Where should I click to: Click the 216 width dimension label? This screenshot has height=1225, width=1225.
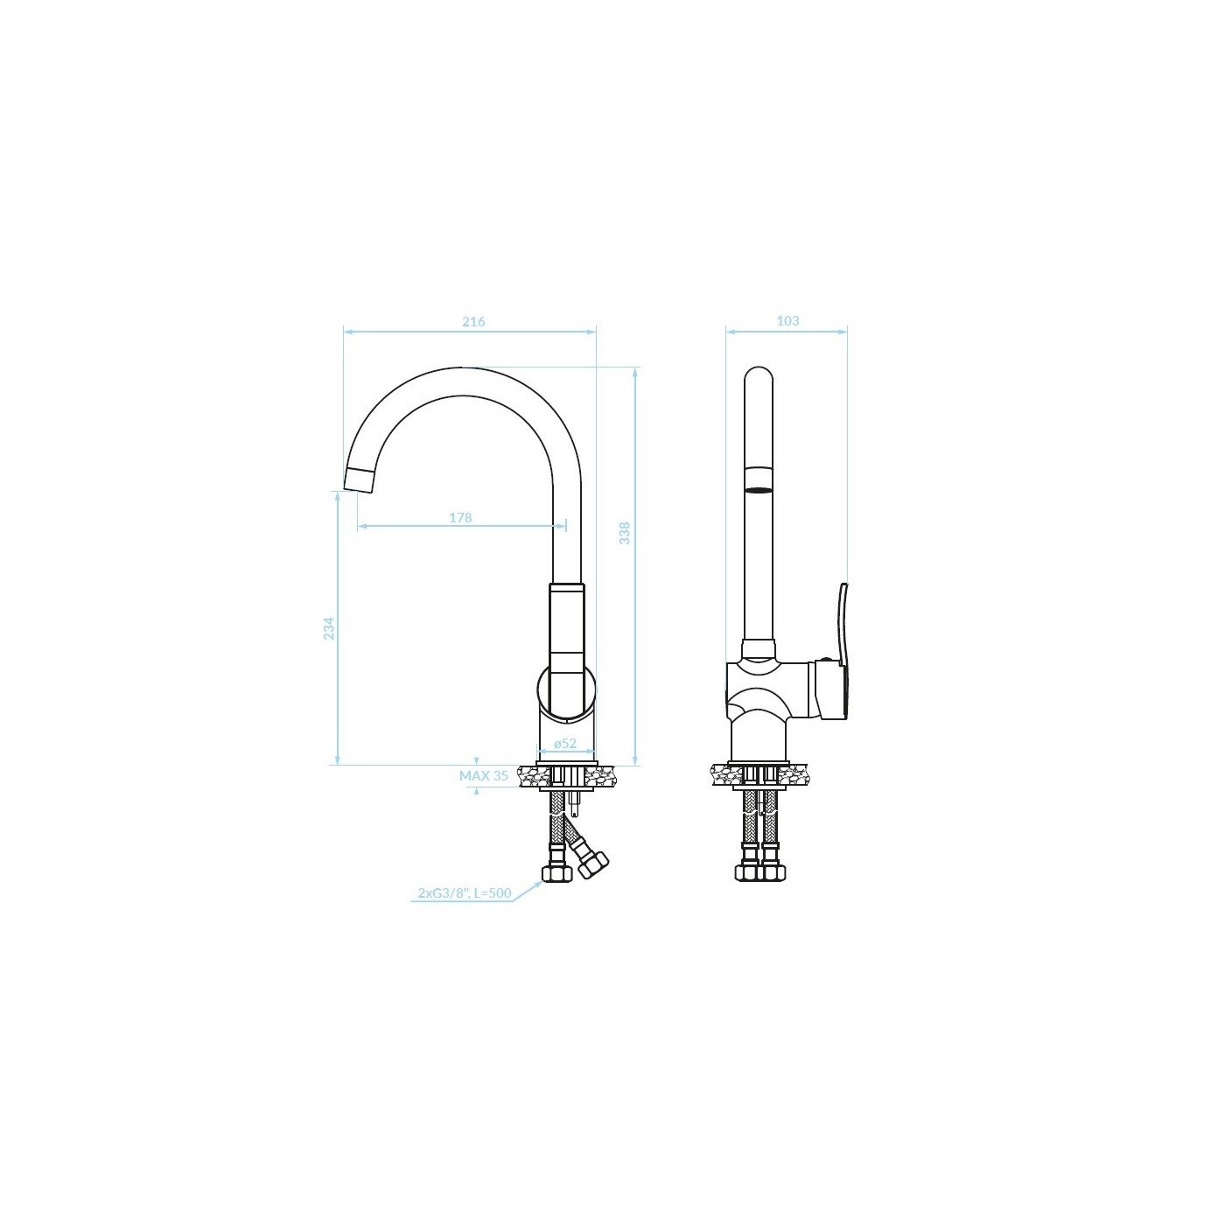pyautogui.click(x=473, y=322)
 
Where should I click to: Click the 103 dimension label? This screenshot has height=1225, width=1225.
pyautogui.click(x=787, y=321)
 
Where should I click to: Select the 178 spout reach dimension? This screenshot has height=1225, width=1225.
pyautogui.click(x=461, y=518)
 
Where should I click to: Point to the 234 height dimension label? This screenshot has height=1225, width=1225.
pyautogui.click(x=328, y=628)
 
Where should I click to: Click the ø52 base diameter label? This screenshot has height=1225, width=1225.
pyautogui.click(x=565, y=743)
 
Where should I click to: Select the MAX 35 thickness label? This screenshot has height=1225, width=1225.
pyautogui.click(x=484, y=775)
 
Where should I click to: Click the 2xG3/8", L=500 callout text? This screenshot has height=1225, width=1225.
pyautogui.click(x=464, y=893)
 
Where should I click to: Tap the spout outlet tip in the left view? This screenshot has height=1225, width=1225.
pyautogui.click(x=358, y=480)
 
